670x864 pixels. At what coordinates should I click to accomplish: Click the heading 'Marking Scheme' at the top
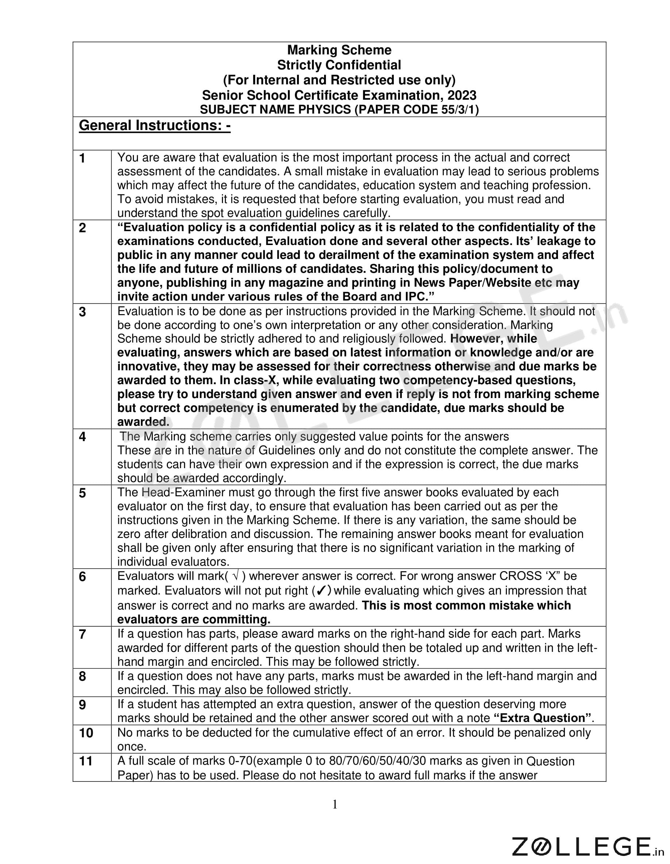339,50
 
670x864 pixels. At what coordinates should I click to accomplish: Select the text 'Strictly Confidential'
339,65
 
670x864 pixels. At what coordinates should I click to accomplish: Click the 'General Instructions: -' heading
155,125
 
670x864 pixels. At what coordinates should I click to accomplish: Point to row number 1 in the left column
82,158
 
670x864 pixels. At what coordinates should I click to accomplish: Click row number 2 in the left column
82,228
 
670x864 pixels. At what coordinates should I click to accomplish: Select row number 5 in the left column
82,493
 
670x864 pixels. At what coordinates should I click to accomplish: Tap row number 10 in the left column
86,733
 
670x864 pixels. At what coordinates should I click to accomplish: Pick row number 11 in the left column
85,761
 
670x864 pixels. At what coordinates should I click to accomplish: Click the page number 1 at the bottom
335,804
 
